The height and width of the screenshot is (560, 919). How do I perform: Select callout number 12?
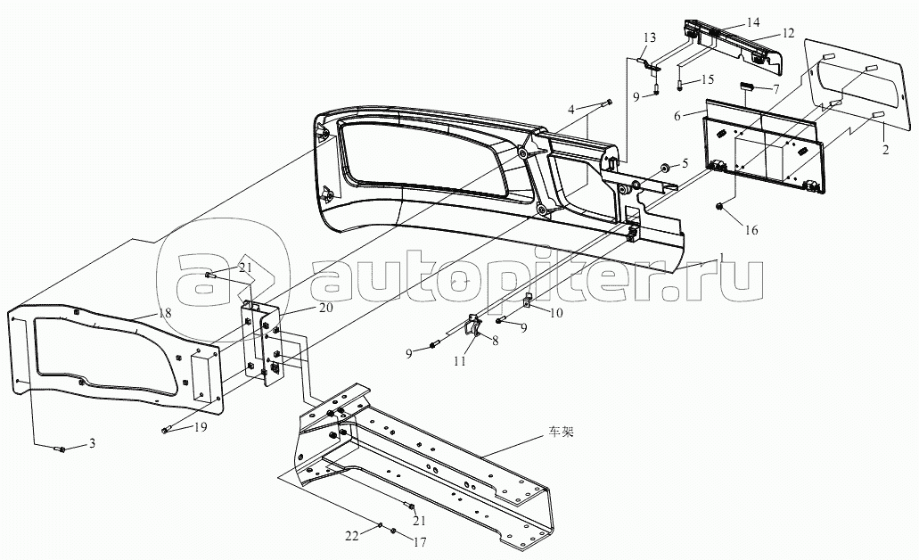pos(788,33)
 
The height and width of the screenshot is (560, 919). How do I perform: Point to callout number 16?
pos(751,230)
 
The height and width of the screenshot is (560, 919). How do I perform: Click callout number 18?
pos(165,314)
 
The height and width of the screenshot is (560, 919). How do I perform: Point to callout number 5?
pos(685,163)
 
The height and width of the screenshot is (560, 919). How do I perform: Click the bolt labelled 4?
pos(608,103)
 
